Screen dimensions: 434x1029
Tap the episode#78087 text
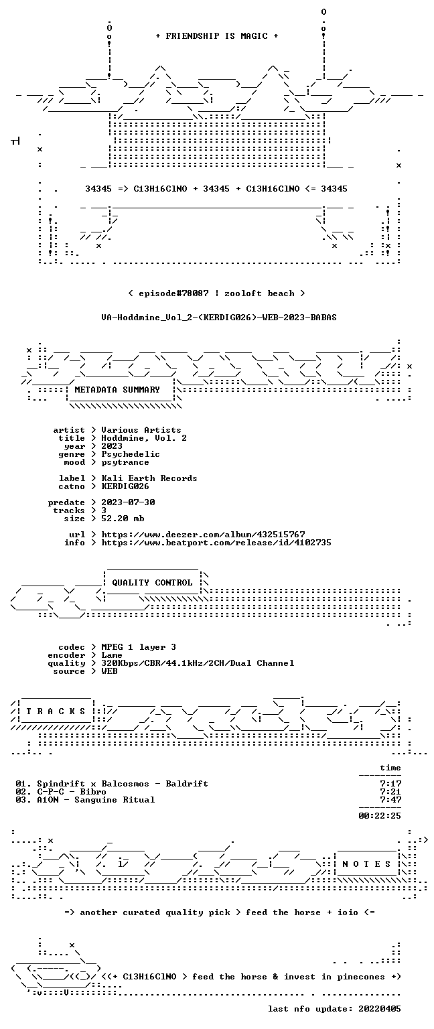(x=173, y=293)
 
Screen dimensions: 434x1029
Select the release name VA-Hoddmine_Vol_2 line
(x=218, y=317)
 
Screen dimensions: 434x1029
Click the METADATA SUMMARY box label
(x=117, y=389)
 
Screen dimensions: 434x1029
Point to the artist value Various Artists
(x=141, y=430)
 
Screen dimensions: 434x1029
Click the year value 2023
(x=112, y=446)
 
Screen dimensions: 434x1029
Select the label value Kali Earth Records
(x=149, y=478)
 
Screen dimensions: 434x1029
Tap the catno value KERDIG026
(x=125, y=486)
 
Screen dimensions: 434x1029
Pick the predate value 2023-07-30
(x=128, y=502)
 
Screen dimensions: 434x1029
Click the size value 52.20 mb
(x=123, y=518)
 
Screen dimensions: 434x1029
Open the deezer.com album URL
(x=203, y=534)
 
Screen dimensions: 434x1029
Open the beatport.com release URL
(x=216, y=543)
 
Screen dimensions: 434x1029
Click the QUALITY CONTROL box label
(x=152, y=582)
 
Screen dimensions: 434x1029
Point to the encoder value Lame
(x=112, y=655)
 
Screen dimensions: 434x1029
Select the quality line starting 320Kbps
(x=198, y=663)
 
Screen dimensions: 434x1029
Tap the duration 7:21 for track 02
(x=390, y=791)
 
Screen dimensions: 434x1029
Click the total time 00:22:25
(x=379, y=816)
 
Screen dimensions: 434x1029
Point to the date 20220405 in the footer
(x=379, y=1009)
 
